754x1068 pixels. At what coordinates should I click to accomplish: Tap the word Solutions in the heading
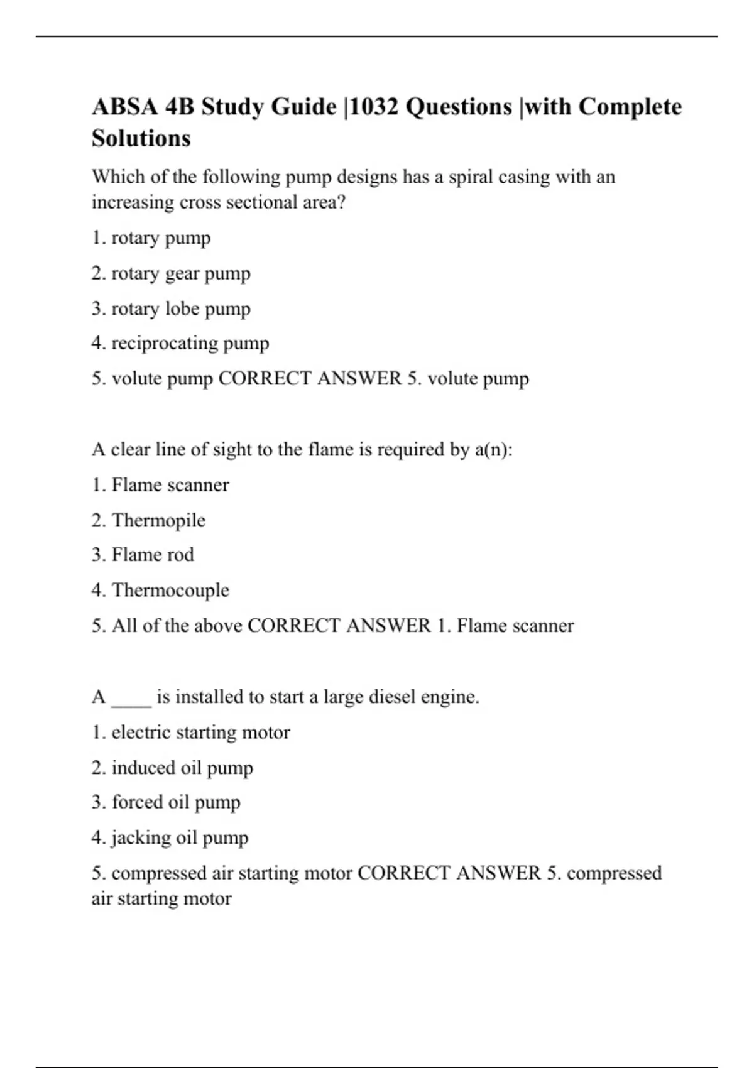point(141,138)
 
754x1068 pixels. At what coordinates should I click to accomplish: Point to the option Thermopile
point(158,520)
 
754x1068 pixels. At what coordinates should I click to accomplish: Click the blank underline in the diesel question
point(131,699)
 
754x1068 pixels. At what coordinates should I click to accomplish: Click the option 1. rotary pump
point(151,238)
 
